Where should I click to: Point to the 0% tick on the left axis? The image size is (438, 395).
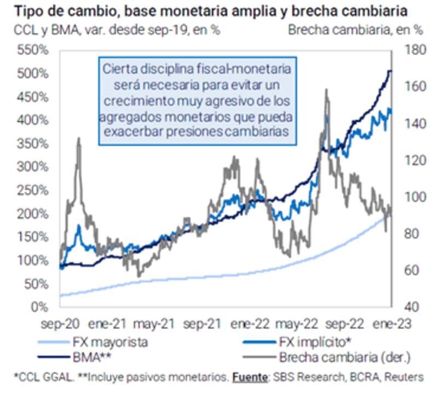point(40,306)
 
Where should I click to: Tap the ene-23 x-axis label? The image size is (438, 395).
point(390,323)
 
